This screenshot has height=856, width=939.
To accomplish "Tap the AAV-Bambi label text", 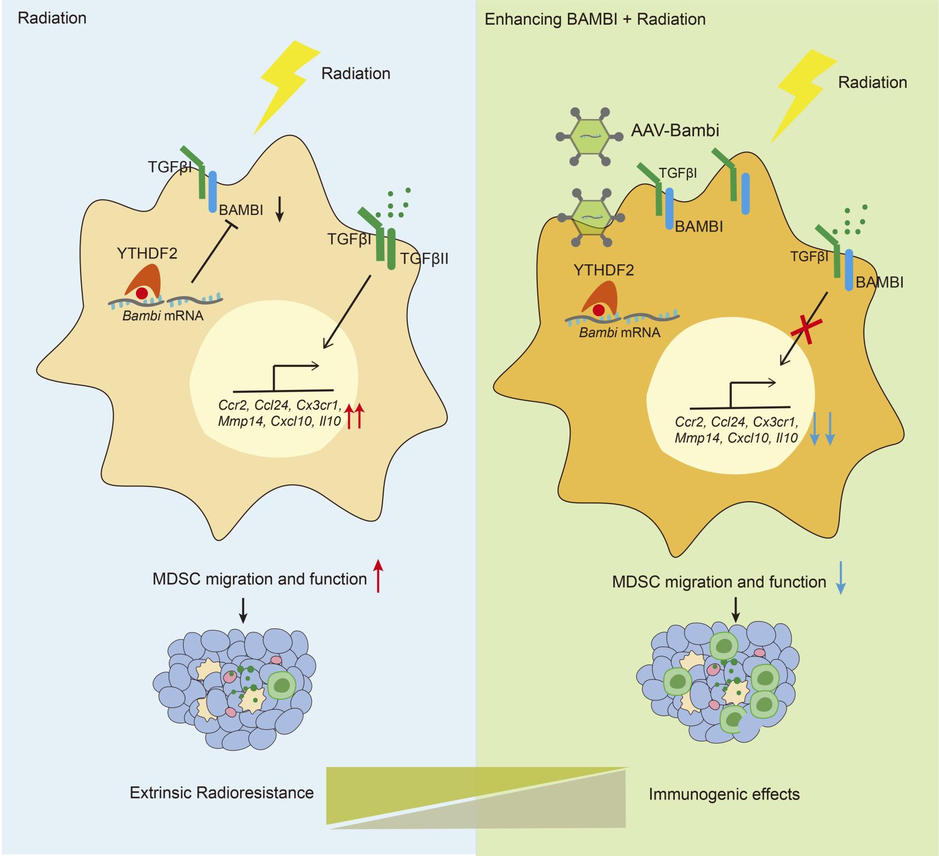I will (675, 131).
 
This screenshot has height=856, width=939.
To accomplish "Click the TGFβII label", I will (424, 258).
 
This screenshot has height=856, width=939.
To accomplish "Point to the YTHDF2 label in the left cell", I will (147, 253).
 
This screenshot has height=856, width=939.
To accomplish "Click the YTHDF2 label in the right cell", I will (604, 270).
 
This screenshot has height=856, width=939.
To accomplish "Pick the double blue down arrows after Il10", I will (822, 431).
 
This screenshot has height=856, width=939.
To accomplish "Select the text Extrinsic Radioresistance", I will (221, 792).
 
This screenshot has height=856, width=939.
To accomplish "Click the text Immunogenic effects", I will (724, 794).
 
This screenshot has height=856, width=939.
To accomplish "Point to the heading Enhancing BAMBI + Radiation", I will (595, 20).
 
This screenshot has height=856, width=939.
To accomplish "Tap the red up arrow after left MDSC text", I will (378, 576).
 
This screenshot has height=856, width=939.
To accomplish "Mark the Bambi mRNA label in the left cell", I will (163, 316).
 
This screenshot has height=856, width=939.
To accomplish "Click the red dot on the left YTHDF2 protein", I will (142, 293).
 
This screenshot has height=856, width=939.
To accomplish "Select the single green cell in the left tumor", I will (282, 685).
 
